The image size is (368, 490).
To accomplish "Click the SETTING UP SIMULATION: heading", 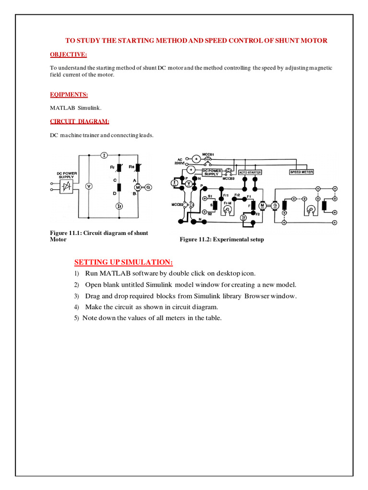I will [x=123, y=262].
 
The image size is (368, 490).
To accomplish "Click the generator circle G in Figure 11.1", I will [x=148, y=187].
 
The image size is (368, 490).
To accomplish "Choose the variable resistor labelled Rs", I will [x=138, y=168].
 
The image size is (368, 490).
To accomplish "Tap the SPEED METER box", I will [x=301, y=171].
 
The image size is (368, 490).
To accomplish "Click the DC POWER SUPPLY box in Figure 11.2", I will [x=212, y=171].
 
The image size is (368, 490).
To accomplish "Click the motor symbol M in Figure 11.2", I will [x=262, y=205].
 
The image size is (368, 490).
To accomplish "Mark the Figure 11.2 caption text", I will [x=221, y=239].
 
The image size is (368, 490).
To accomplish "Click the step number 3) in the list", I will [x=76, y=296].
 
